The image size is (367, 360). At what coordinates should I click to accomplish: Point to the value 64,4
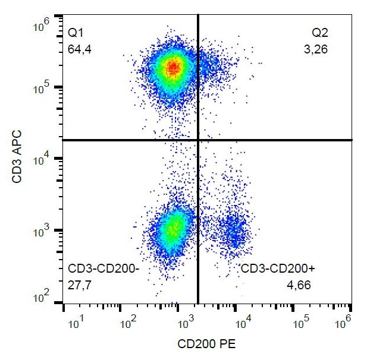coord(79,49)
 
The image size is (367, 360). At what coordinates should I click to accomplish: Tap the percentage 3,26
coord(315,50)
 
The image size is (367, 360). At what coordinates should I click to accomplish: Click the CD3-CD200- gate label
coord(103,269)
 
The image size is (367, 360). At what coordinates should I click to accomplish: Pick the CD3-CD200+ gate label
coord(278,269)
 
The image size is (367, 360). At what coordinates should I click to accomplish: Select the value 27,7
coord(79,286)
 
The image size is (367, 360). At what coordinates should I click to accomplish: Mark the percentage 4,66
coord(299,286)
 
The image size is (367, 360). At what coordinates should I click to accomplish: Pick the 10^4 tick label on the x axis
coord(244,323)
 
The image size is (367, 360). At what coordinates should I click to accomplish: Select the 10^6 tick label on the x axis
coord(344,323)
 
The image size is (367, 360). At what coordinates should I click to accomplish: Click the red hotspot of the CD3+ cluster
coord(172,68)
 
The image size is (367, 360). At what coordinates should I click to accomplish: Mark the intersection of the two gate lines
coord(197,140)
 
